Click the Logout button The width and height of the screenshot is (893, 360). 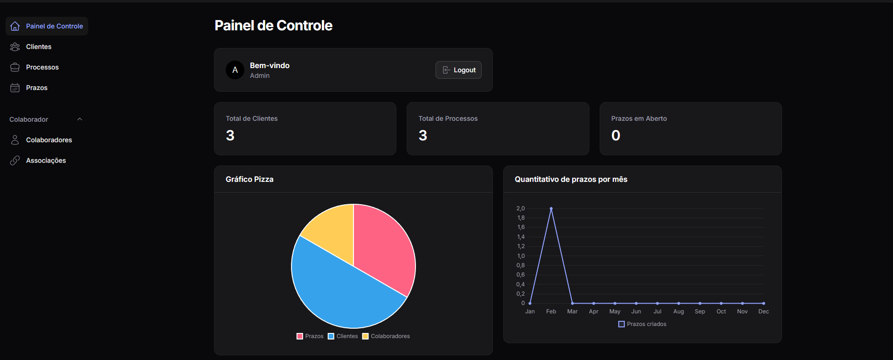[x=458, y=70]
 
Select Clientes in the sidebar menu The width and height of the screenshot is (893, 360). [x=39, y=47]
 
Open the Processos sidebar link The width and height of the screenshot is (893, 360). [x=42, y=67]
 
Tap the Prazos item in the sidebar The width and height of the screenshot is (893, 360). [x=36, y=88]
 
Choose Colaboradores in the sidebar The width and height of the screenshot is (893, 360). [x=48, y=140]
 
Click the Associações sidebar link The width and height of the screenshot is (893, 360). [x=46, y=160]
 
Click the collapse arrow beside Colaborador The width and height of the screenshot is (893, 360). [x=80, y=119]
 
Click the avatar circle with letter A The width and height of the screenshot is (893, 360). [x=235, y=70]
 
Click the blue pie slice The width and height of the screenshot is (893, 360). [x=340, y=289]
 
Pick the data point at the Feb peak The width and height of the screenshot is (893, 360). [x=551, y=208]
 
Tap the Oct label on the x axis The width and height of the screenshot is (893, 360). [x=721, y=312]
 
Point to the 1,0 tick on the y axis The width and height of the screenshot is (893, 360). [x=521, y=256]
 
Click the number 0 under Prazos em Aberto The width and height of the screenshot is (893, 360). [x=616, y=135]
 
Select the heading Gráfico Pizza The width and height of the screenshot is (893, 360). [x=249, y=179]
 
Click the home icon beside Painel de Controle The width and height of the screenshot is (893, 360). [x=15, y=26]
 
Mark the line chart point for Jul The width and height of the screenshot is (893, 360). [x=658, y=303]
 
